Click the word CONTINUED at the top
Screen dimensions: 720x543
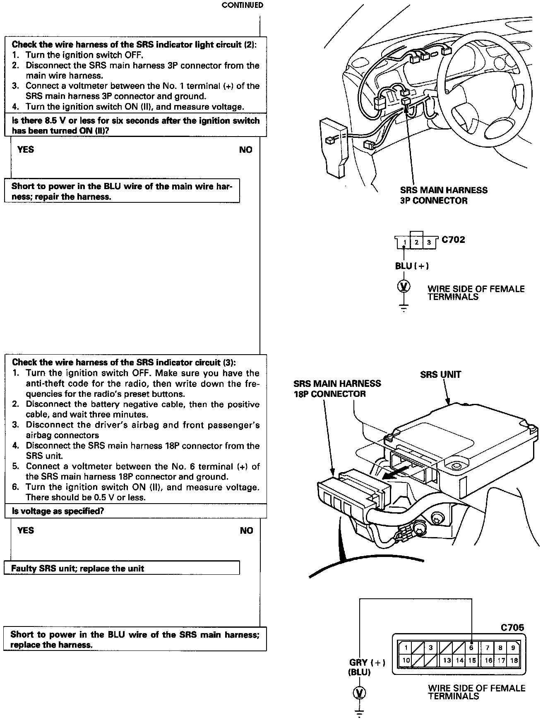pos(242,5)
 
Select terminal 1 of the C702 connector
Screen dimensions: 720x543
pos(404,242)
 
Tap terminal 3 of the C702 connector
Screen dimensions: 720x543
pos(429,242)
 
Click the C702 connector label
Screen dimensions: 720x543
pos(453,240)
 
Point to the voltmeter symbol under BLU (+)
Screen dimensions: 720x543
pos(404,286)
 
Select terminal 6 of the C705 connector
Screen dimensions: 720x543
pos(471,648)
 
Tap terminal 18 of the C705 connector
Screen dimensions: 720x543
pos(514,660)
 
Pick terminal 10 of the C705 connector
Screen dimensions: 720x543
pos(406,660)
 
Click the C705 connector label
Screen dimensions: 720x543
pos(512,627)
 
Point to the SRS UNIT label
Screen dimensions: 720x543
pos(440,374)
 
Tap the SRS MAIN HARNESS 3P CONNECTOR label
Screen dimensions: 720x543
pos(443,195)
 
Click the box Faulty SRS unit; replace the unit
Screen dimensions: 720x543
pos(122,568)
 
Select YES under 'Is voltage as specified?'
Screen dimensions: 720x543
pos(26,530)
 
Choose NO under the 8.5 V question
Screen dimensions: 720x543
pos(245,150)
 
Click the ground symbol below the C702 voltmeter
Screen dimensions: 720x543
pos(404,307)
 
